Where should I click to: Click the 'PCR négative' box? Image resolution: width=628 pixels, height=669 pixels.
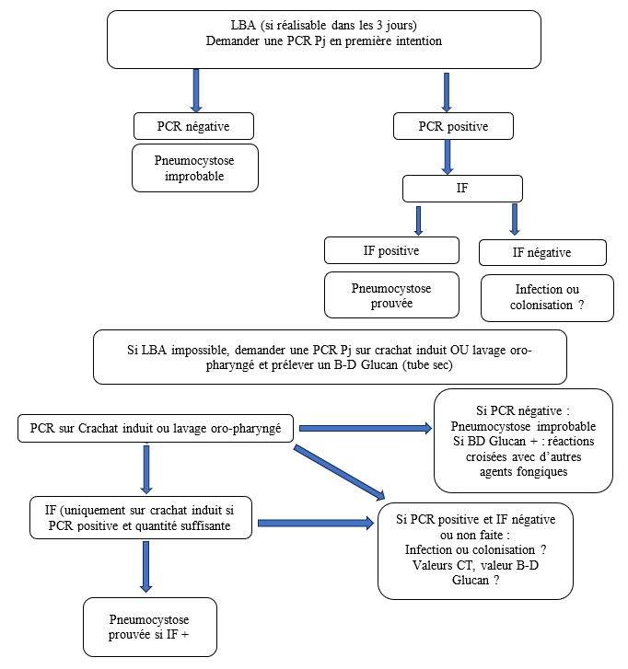click(193, 126)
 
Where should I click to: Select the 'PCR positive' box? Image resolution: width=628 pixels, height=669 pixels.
click(453, 126)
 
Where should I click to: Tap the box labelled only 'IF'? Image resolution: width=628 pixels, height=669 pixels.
click(462, 188)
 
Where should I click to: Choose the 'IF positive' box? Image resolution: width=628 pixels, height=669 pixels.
click(391, 250)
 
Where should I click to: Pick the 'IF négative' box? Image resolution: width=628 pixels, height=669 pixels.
click(542, 252)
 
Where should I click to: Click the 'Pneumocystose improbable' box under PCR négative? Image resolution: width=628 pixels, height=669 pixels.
click(195, 167)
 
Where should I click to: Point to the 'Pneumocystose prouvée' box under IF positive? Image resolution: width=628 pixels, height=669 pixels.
click(391, 294)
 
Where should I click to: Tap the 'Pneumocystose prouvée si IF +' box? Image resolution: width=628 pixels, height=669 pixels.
click(150, 627)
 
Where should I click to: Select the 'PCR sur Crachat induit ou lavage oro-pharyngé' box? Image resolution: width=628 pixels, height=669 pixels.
click(156, 428)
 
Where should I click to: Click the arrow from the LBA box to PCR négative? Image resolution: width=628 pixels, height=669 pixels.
click(196, 90)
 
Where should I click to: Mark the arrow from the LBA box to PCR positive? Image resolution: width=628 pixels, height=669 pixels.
click(447, 92)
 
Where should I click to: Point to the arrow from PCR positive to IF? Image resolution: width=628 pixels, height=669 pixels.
click(448, 157)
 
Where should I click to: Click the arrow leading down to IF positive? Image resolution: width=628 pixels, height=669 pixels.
click(418, 221)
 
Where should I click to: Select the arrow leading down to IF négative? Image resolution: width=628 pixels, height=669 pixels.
click(515, 219)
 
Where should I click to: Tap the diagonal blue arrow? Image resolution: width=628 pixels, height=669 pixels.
click(340, 472)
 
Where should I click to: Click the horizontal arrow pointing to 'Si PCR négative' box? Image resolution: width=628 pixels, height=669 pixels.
click(366, 428)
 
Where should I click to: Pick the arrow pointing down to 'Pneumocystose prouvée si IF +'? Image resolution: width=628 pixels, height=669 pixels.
click(146, 567)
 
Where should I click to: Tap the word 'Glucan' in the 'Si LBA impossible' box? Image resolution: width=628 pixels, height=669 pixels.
click(379, 365)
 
